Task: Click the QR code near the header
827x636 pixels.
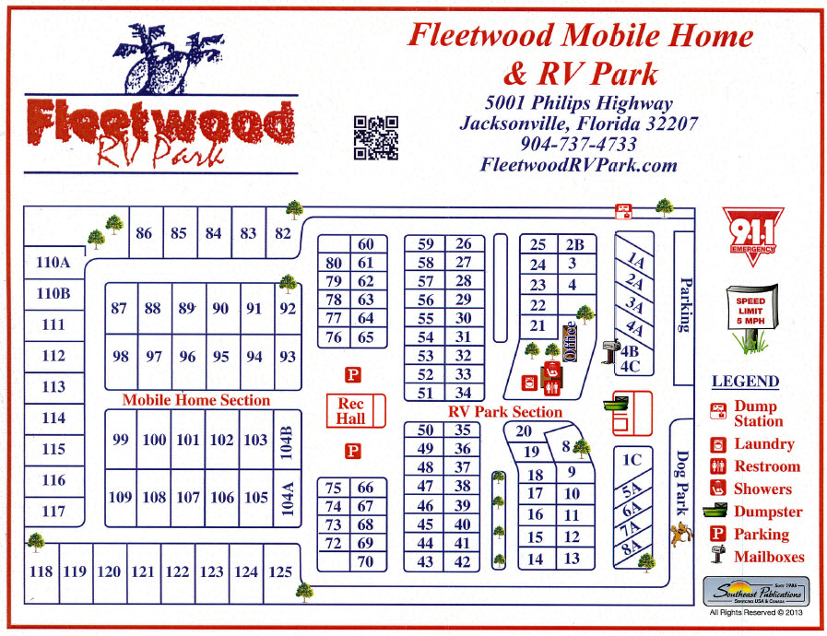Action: coord(376,138)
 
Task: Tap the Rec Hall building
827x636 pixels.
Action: coord(351,411)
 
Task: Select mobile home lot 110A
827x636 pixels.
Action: coord(53,263)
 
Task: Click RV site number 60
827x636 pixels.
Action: coord(366,244)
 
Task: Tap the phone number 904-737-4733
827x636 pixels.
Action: coord(578,145)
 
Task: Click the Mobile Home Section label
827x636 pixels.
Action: coord(196,400)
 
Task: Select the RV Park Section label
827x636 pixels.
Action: coord(505,412)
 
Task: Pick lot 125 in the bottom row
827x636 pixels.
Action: coord(280,571)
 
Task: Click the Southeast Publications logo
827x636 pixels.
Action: coord(755,592)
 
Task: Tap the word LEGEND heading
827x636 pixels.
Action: coord(745,382)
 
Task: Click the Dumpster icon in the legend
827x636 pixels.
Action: coord(719,512)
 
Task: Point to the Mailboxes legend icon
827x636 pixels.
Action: coord(719,556)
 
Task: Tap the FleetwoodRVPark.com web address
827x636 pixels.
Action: coord(578,165)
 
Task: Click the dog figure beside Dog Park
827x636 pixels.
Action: coord(679,532)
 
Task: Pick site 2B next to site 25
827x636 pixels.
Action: coord(574,244)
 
